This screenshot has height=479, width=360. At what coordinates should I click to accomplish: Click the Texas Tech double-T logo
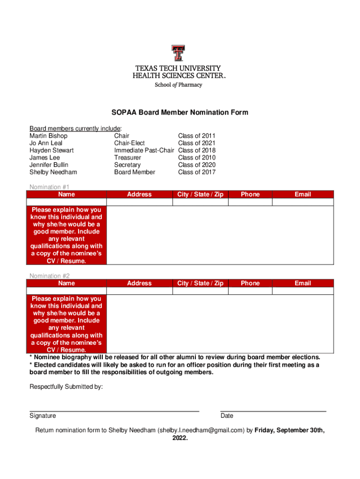coord(178,53)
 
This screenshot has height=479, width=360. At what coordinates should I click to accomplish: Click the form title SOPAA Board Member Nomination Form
coord(180,113)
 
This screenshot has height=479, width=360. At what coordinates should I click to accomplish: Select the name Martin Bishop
coord(49,136)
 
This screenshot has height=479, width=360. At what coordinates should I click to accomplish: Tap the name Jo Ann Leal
coord(46,143)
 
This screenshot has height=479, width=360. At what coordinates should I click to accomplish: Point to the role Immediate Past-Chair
coord(144,150)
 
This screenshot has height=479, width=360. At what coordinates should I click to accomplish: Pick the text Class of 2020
coord(197,165)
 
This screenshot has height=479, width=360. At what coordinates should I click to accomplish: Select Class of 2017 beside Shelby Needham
coord(197,172)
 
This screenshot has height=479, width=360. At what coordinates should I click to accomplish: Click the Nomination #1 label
coord(50,187)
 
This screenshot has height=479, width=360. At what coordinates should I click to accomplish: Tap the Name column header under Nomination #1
coord(66,194)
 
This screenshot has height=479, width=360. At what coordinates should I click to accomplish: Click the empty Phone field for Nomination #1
coord(250,202)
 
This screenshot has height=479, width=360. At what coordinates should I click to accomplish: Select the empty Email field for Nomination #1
coord(302,202)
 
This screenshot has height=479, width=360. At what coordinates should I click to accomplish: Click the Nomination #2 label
coord(50,276)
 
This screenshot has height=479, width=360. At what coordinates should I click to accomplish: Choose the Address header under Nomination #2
coord(139,283)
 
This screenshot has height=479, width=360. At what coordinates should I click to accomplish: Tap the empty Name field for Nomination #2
coord(66,291)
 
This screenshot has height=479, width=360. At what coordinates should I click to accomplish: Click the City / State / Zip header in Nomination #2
coord(200,283)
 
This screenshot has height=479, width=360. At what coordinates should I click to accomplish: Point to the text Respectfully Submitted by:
coord(66,387)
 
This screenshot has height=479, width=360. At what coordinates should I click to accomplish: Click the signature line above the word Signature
coord(114,410)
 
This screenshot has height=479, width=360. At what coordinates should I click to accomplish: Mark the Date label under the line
coord(227,416)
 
